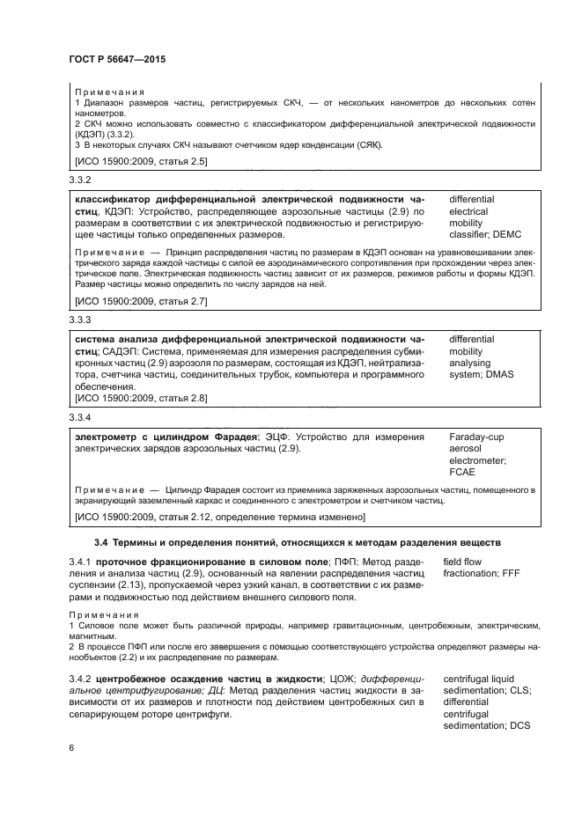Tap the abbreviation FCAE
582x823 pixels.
pyautogui.click(x=463, y=472)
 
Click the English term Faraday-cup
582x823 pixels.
pyautogui.click(x=477, y=437)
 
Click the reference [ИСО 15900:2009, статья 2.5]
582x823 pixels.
pyautogui.click(x=141, y=161)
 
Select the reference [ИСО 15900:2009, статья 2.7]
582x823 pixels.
pyautogui.click(x=141, y=301)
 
